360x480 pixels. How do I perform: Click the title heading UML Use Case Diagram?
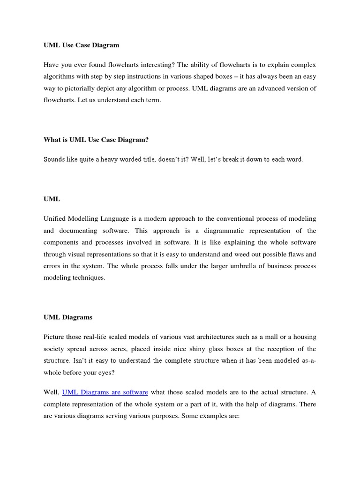pos(81,45)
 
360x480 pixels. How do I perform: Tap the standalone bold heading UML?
pos(52,199)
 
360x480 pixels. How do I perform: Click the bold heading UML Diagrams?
pos(68,317)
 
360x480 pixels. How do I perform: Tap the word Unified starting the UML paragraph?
pos(55,219)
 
